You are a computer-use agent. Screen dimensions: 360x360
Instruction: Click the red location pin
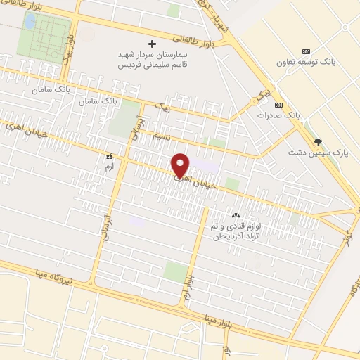[181, 164]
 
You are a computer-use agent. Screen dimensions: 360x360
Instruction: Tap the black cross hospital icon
[152, 44]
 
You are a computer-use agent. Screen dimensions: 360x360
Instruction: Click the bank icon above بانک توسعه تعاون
[306, 52]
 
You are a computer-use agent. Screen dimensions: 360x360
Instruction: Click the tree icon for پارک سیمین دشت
[318, 141]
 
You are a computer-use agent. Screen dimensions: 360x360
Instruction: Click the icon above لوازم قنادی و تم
[236, 215]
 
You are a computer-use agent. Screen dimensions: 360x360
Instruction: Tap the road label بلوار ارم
[188, 281]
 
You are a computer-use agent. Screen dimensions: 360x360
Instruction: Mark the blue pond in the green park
[30, 21]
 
